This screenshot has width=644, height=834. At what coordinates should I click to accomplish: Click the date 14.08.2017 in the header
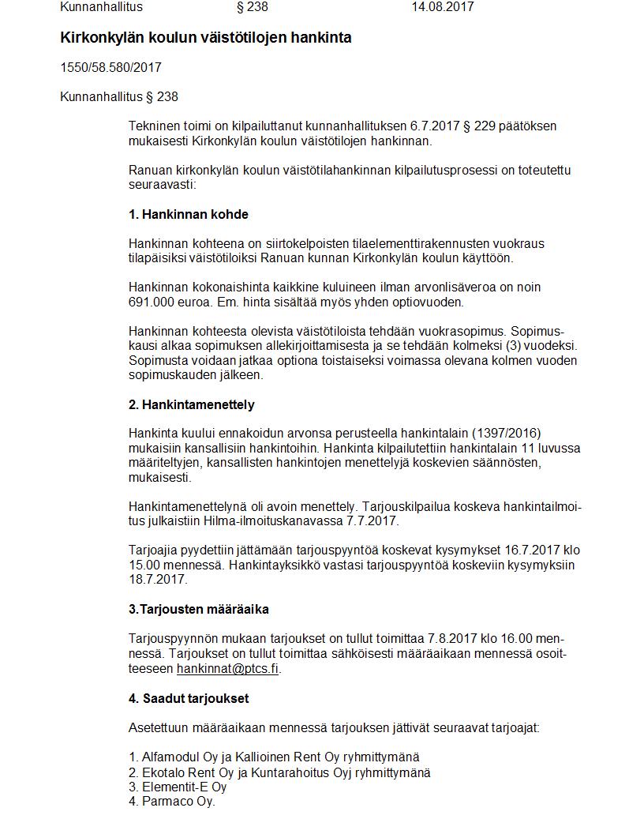tap(442, 7)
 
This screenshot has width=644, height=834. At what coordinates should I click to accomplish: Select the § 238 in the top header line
tap(252, 7)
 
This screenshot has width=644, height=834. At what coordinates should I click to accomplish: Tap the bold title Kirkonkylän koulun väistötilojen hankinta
tap(206, 37)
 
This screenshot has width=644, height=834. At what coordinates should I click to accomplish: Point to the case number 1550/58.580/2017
tap(111, 68)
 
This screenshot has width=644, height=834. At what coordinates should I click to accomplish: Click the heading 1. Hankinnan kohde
tap(189, 215)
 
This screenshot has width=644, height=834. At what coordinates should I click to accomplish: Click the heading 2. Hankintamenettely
tap(192, 404)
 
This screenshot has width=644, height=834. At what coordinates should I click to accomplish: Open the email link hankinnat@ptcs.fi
tap(227, 668)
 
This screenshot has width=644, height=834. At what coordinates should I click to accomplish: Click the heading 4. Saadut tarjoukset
tap(189, 698)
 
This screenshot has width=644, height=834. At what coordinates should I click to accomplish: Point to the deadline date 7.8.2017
tap(453, 638)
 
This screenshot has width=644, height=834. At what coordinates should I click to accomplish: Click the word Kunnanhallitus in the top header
tap(102, 7)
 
